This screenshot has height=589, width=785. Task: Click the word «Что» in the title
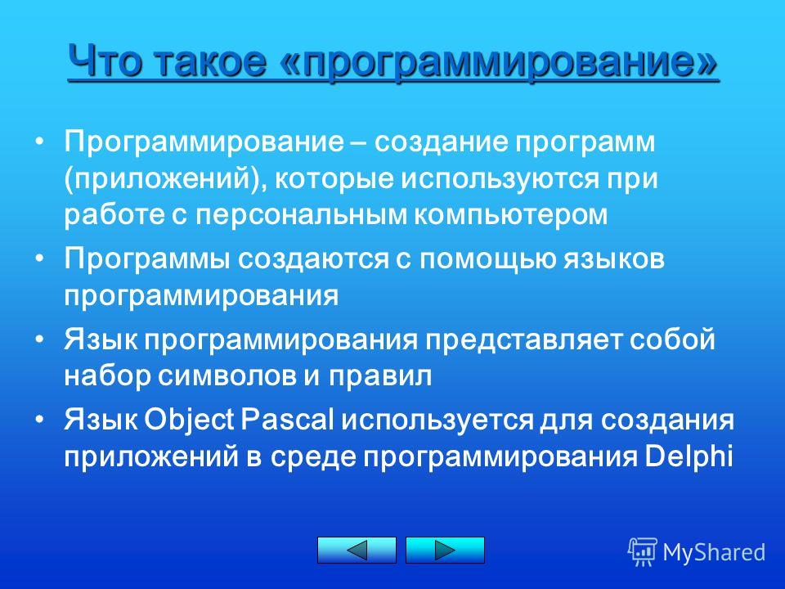click(x=105, y=61)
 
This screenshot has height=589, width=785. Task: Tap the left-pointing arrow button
click(x=357, y=550)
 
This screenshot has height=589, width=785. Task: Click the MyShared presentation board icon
click(x=643, y=552)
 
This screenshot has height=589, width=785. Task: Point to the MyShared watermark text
click(x=714, y=552)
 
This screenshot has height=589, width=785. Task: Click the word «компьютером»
click(x=510, y=214)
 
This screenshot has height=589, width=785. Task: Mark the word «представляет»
click(x=523, y=341)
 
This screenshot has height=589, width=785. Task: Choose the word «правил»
click(x=380, y=375)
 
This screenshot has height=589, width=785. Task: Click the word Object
click(x=189, y=420)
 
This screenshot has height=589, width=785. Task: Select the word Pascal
click(x=287, y=420)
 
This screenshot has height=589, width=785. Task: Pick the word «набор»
click(x=107, y=375)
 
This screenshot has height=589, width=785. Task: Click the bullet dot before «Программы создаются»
click(x=40, y=258)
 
